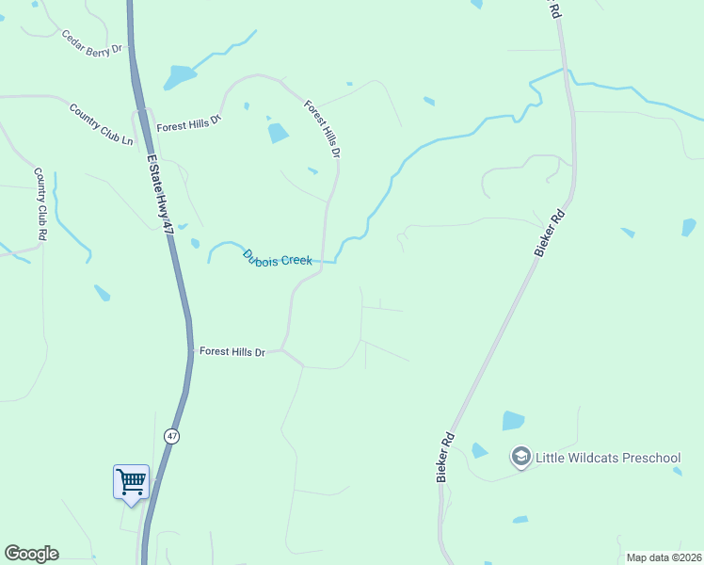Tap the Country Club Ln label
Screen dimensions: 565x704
coord(102,122)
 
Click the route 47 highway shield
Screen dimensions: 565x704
coord(170,437)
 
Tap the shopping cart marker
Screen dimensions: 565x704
coord(132,482)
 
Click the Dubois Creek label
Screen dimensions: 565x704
coord(277,257)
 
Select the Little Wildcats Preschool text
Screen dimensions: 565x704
coord(608,459)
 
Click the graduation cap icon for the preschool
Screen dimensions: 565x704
coord(520,458)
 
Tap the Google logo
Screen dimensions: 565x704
coord(31,554)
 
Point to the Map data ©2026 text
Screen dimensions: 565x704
coord(663,557)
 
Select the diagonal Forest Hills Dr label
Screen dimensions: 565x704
coord(322,127)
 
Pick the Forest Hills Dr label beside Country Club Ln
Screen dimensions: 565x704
coord(188,123)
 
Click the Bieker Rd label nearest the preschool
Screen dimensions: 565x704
coord(446,458)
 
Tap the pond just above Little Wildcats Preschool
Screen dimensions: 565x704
coord(513,420)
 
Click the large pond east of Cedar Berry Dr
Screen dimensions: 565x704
coord(179,76)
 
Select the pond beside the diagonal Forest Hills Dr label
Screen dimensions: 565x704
coord(278,133)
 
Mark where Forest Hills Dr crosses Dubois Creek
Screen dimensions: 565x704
coord(325,261)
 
